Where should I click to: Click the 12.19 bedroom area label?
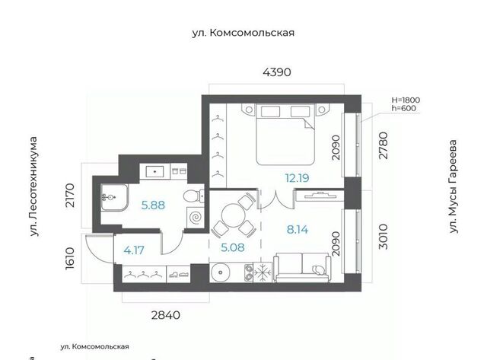(297, 178)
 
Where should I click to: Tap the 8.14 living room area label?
(298, 230)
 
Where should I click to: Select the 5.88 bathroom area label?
(153, 205)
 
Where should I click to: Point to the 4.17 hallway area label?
(134, 250)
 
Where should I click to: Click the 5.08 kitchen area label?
(233, 247)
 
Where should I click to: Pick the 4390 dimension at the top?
(277, 72)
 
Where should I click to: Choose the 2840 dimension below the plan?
(166, 315)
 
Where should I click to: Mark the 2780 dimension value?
(384, 145)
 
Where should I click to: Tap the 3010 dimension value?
(384, 237)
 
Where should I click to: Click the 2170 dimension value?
(70, 196)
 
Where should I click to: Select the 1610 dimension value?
(70, 258)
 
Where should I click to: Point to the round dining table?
(234, 215)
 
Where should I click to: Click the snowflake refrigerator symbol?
(263, 272)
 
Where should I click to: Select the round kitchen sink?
(221, 272)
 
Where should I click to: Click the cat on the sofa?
(318, 269)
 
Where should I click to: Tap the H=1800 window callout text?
(406, 100)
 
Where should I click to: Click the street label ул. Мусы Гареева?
(454, 186)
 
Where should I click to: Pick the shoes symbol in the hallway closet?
(179, 275)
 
